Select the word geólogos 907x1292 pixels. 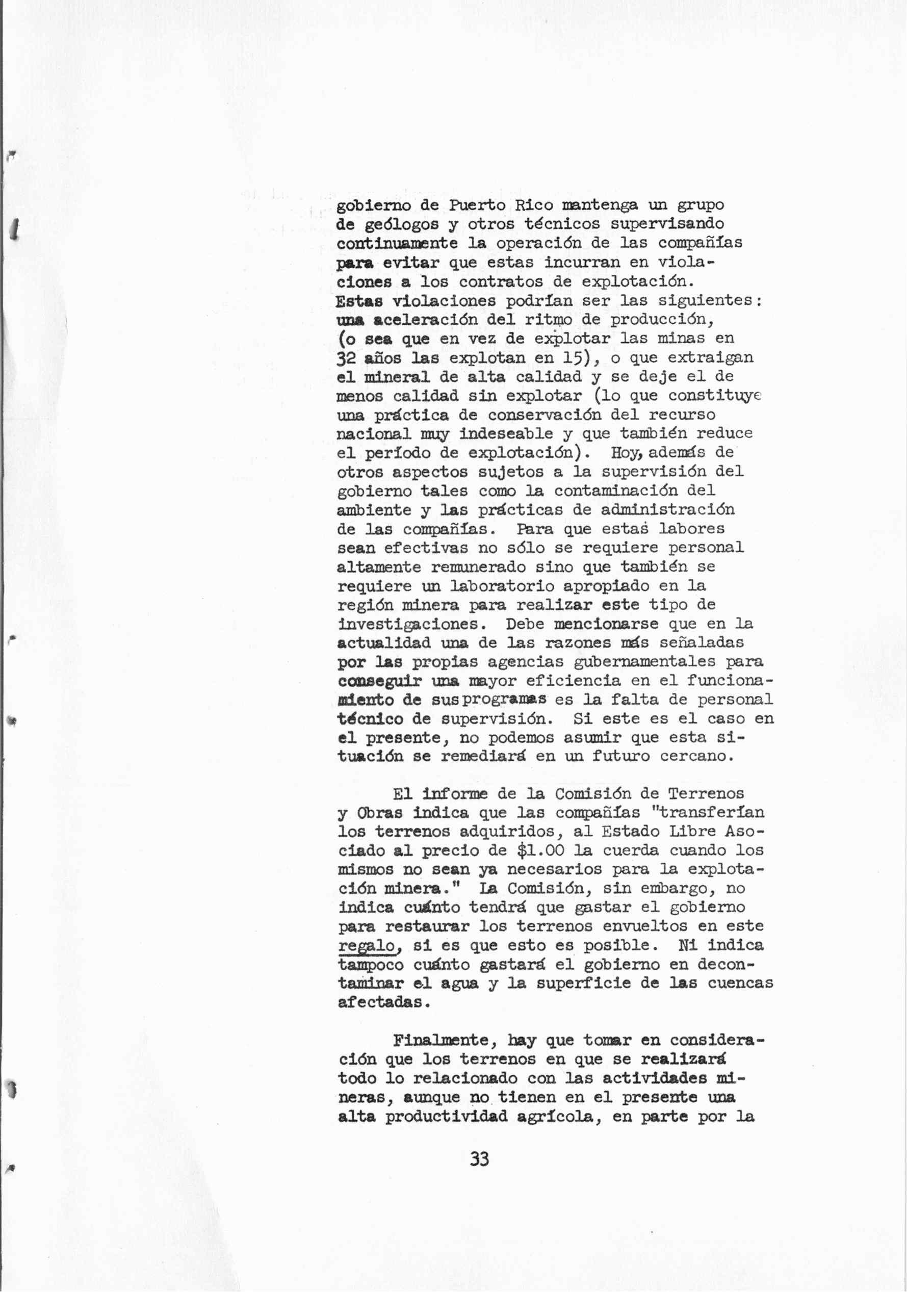pos(392,224)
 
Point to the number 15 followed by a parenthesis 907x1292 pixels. pos(574,358)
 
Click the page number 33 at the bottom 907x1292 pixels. pos(479,1159)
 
